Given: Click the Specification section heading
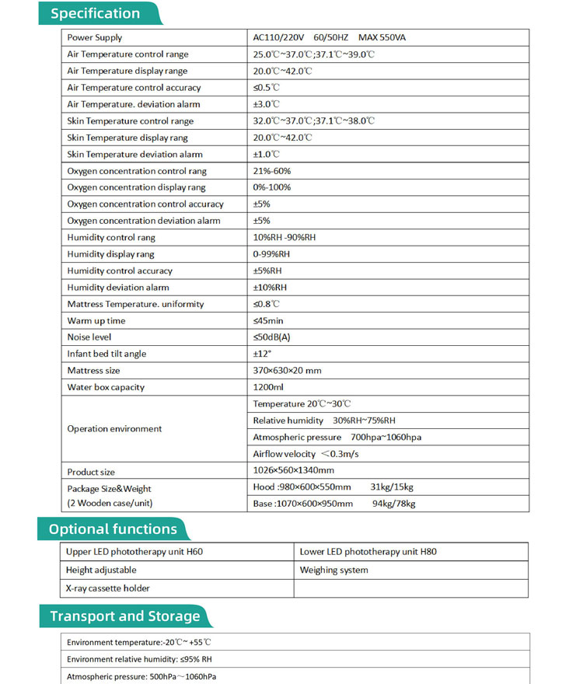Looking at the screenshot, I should (x=96, y=13).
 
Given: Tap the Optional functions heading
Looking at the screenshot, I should (x=113, y=529).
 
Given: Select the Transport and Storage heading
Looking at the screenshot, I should (x=124, y=616).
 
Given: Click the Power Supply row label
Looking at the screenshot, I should (x=95, y=37).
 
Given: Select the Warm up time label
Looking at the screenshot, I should (x=96, y=320).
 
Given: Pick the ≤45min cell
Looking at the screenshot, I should (x=268, y=320).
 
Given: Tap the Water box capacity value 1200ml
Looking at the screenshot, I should (x=268, y=387).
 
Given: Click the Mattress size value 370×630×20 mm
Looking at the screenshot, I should (x=287, y=371).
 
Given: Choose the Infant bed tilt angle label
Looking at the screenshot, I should (x=106, y=354).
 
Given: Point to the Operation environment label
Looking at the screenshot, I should (x=114, y=428).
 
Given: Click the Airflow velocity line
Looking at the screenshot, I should (x=305, y=454).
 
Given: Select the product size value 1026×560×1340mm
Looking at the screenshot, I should (x=294, y=470).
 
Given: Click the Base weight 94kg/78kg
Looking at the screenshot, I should (x=394, y=504).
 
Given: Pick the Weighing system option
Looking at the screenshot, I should (x=334, y=570).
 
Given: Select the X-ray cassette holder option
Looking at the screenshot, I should (x=108, y=588).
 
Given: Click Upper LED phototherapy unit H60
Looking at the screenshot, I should (x=129, y=552).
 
